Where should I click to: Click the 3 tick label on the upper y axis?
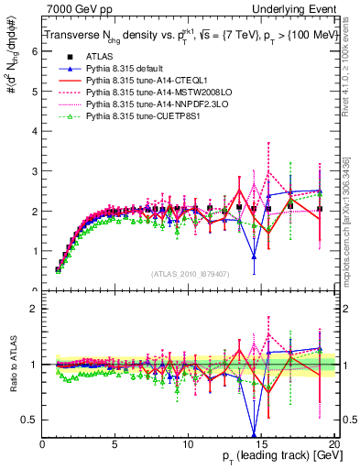pos(33,171)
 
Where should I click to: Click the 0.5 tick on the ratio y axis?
pos(29,420)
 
